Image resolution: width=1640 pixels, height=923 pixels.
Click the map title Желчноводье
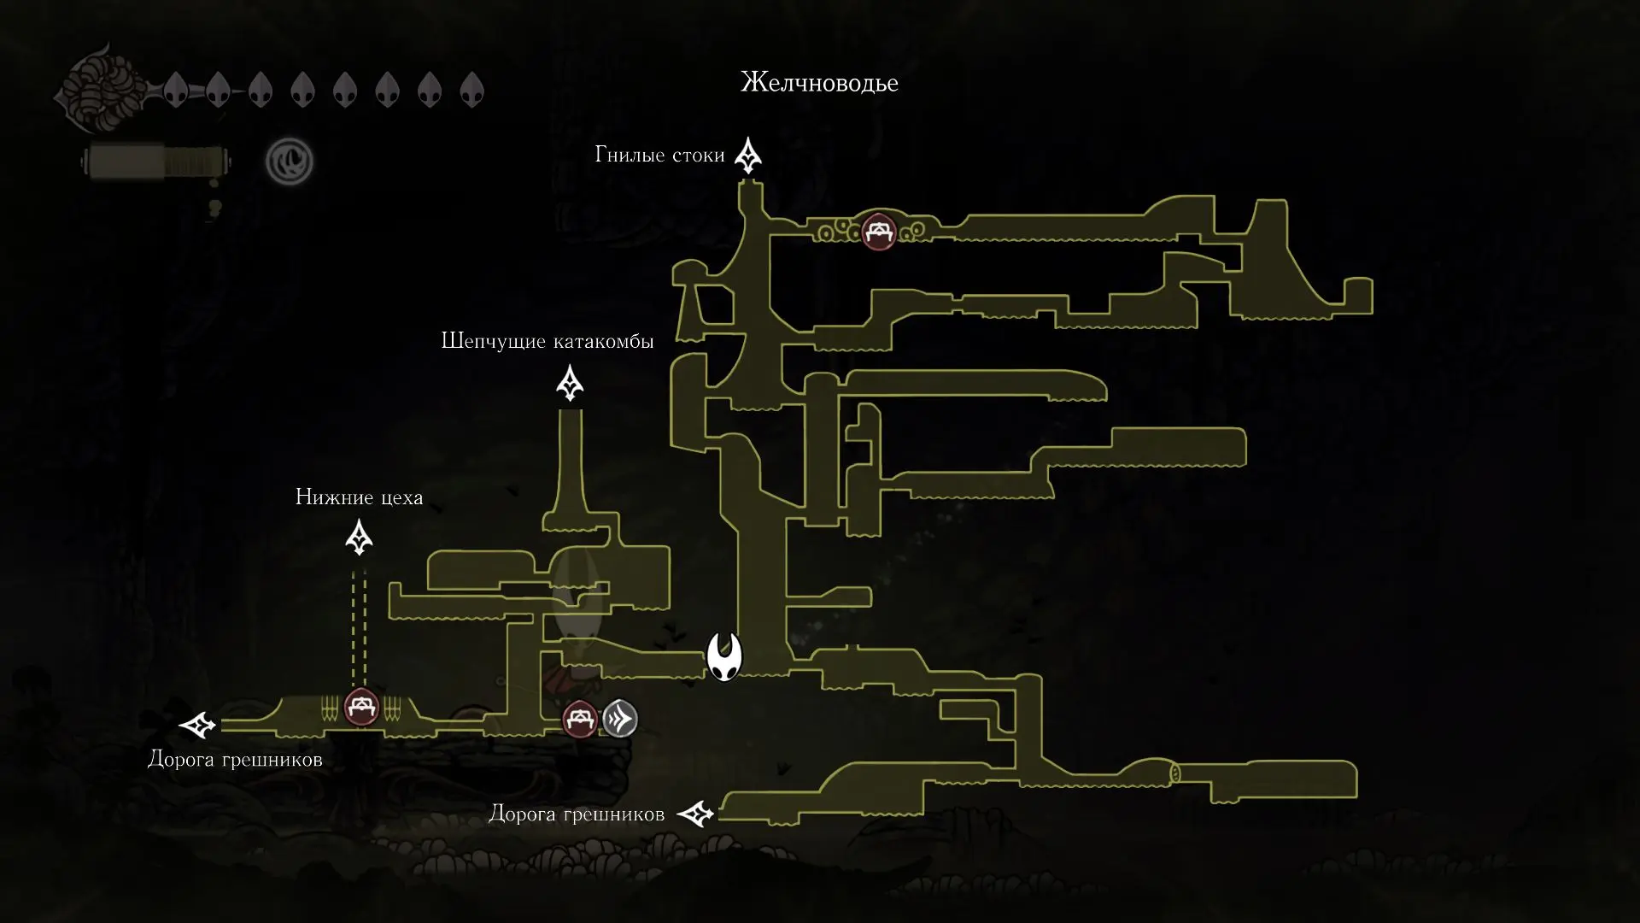pyautogui.click(x=819, y=83)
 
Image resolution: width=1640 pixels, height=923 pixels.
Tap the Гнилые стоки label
pyautogui.click(x=659, y=155)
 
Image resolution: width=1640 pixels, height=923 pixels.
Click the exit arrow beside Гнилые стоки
pyautogui.click(x=749, y=156)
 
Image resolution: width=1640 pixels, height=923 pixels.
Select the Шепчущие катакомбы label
pyautogui.click(x=547, y=341)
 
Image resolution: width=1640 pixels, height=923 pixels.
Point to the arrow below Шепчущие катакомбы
pyautogui.click(x=570, y=383)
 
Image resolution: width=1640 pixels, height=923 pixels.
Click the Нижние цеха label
pyautogui.click(x=359, y=497)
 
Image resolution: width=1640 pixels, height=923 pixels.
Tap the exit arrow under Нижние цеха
pyautogui.click(x=359, y=538)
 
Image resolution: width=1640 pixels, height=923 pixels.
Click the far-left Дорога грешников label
pyautogui.click(x=235, y=759)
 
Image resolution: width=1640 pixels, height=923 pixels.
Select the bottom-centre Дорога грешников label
pyautogui.click(x=577, y=814)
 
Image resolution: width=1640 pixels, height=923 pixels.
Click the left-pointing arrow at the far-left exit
pyautogui.click(x=199, y=726)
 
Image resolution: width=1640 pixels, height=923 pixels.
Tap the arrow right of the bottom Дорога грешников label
pyautogui.click(x=696, y=814)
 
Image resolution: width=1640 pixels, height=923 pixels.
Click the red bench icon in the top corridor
pyautogui.click(x=878, y=231)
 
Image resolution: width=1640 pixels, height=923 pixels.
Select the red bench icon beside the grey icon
pyautogui.click(x=580, y=719)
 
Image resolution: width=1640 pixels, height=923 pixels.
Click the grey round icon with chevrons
pyautogui.click(x=620, y=719)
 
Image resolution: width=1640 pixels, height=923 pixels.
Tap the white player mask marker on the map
pyautogui.click(x=724, y=657)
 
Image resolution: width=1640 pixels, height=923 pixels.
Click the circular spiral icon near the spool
pyautogui.click(x=290, y=161)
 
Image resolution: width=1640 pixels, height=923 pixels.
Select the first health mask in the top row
pyautogui.click(x=176, y=89)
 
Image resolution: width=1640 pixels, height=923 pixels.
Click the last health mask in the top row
pyautogui.click(x=471, y=89)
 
